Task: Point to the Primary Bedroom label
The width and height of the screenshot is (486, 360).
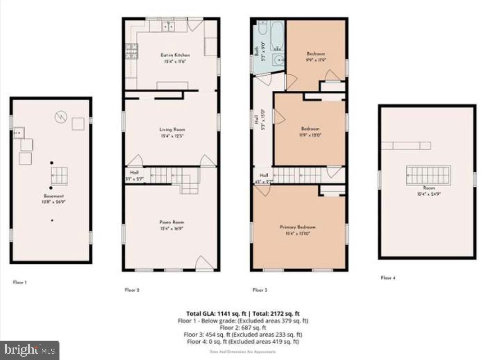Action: coord(297,227)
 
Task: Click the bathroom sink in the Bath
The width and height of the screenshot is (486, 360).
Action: coord(278,59)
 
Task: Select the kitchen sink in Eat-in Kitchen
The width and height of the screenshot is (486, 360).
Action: coord(169,27)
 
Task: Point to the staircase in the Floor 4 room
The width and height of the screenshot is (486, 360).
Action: coord(428,175)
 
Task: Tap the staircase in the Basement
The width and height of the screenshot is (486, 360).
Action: coord(59,175)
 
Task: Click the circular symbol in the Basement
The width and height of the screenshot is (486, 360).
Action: coord(60,117)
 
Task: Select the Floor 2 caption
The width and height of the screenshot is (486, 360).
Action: coord(132,290)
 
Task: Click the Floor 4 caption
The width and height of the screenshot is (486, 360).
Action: coord(388,278)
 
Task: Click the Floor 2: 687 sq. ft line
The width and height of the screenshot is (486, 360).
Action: coord(243,328)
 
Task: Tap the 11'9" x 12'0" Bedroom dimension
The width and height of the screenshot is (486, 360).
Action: coord(310,134)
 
